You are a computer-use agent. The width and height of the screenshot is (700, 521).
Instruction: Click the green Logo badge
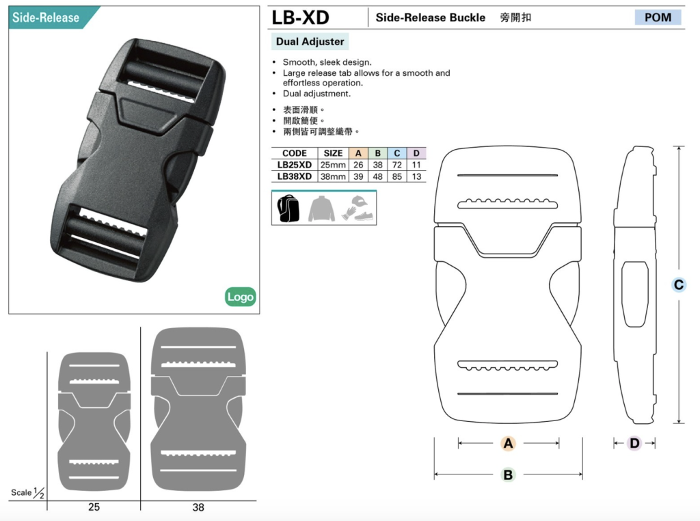point(240,297)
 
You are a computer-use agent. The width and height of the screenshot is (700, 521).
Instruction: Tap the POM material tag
point(658,17)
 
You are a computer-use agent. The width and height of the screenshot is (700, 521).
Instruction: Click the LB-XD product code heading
point(301,18)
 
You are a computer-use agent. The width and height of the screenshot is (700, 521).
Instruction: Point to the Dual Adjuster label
point(310,42)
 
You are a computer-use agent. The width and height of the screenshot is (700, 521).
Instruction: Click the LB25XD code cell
point(294,165)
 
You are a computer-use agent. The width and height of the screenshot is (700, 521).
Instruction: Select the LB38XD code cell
point(294,176)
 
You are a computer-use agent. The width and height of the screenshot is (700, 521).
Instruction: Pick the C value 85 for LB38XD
point(397,176)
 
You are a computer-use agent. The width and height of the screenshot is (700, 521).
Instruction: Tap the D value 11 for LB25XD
point(416,165)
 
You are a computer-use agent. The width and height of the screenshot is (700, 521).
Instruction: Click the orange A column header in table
point(358,153)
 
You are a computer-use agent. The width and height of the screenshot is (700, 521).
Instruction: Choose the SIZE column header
point(333,153)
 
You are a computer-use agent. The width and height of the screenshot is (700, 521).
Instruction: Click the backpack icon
point(288,209)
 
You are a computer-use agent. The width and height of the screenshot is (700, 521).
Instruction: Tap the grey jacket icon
point(321,209)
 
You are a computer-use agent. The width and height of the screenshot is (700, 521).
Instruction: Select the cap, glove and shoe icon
point(358,208)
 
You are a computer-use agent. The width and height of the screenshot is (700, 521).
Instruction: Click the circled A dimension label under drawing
point(508,443)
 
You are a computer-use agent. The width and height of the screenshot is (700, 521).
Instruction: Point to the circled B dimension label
point(508,475)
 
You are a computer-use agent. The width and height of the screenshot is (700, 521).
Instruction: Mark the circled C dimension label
point(679,285)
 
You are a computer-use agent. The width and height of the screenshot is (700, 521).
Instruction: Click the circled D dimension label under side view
point(634,443)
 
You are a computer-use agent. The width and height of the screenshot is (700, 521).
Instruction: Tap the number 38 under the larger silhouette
point(198,507)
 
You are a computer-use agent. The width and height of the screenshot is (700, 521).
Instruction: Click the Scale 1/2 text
point(27,493)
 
